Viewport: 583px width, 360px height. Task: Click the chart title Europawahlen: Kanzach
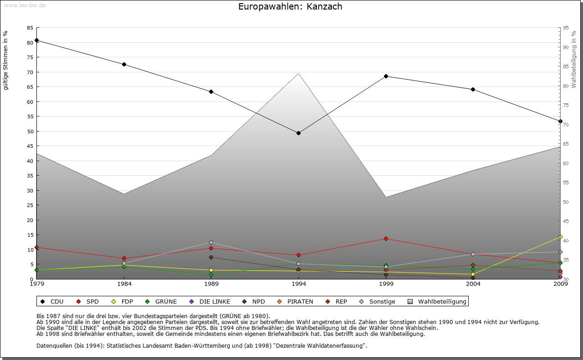click(290, 7)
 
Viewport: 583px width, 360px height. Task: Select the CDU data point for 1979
click(36, 40)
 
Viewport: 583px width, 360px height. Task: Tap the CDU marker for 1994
click(298, 133)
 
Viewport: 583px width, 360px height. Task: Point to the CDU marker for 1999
click(386, 76)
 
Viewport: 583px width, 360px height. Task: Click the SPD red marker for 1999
click(386, 238)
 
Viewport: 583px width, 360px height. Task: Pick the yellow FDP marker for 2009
click(560, 237)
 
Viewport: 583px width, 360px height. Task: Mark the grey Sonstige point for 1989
click(211, 242)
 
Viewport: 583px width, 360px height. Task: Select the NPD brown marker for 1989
click(211, 257)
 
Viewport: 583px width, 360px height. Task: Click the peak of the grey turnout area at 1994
click(298, 73)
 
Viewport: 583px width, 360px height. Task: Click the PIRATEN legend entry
click(296, 301)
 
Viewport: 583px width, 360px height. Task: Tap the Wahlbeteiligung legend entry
click(437, 301)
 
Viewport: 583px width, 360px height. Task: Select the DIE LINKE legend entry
click(210, 301)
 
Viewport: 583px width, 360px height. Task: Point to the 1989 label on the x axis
click(211, 284)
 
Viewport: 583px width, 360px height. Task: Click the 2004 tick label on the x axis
click(473, 284)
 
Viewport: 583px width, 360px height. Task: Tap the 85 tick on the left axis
click(30, 28)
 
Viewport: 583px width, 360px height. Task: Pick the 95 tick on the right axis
click(565, 28)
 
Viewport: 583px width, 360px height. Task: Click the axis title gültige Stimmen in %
click(6, 60)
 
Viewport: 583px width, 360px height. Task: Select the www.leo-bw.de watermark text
click(25, 5)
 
